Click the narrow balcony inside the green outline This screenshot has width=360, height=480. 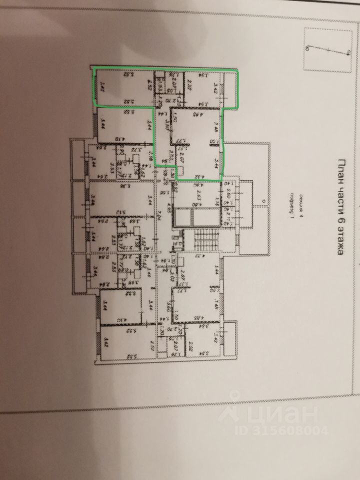pyautogui.click(x=229, y=90)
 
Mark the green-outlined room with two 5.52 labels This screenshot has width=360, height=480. pyautogui.click(x=123, y=88)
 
